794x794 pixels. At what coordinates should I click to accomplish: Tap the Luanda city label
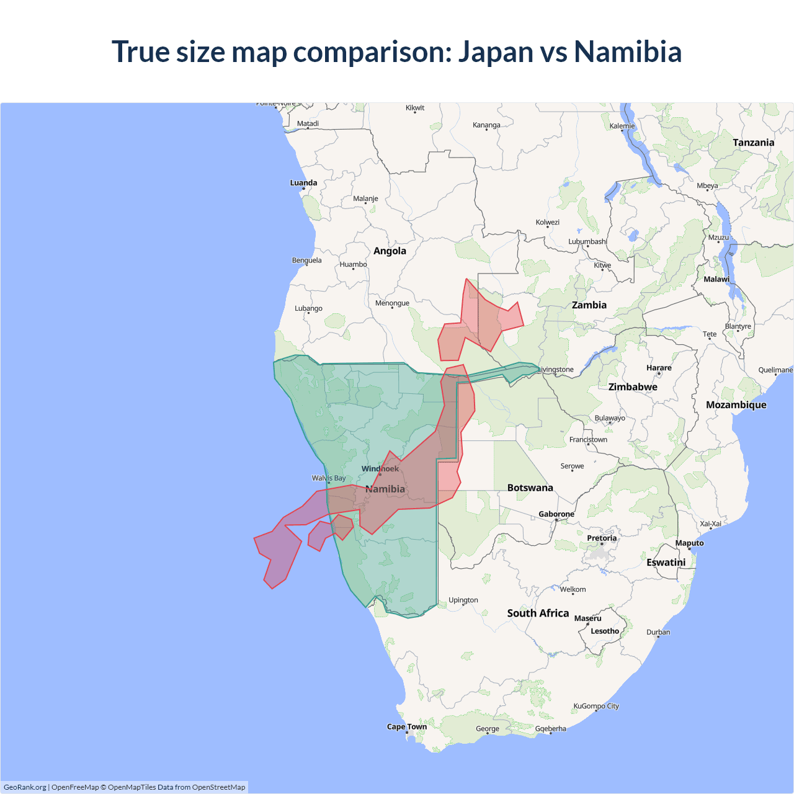(x=303, y=183)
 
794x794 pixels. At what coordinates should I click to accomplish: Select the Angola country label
(x=390, y=251)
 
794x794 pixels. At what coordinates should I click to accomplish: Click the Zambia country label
(x=589, y=305)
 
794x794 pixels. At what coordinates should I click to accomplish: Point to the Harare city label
(x=659, y=368)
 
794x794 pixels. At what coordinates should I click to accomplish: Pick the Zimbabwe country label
(x=632, y=387)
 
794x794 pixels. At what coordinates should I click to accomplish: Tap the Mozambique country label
(x=736, y=405)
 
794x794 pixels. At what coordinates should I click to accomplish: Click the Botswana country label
(x=530, y=488)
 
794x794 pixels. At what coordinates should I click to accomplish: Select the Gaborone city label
(x=556, y=514)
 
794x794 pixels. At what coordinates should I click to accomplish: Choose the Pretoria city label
(x=602, y=538)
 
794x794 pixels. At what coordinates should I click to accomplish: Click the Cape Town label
(x=406, y=727)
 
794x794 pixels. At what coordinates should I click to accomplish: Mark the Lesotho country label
(x=604, y=631)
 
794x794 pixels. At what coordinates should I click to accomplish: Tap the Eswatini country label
(x=666, y=563)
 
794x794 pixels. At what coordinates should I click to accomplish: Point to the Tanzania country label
(x=753, y=143)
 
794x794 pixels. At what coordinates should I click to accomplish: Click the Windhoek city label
(x=380, y=469)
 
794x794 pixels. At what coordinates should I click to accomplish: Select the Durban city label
(x=658, y=633)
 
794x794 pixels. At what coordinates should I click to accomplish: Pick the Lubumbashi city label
(x=587, y=242)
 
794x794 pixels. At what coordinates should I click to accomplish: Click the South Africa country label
(x=538, y=613)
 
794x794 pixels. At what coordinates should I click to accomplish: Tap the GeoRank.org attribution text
(x=25, y=787)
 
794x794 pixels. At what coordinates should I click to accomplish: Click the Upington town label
(x=463, y=600)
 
